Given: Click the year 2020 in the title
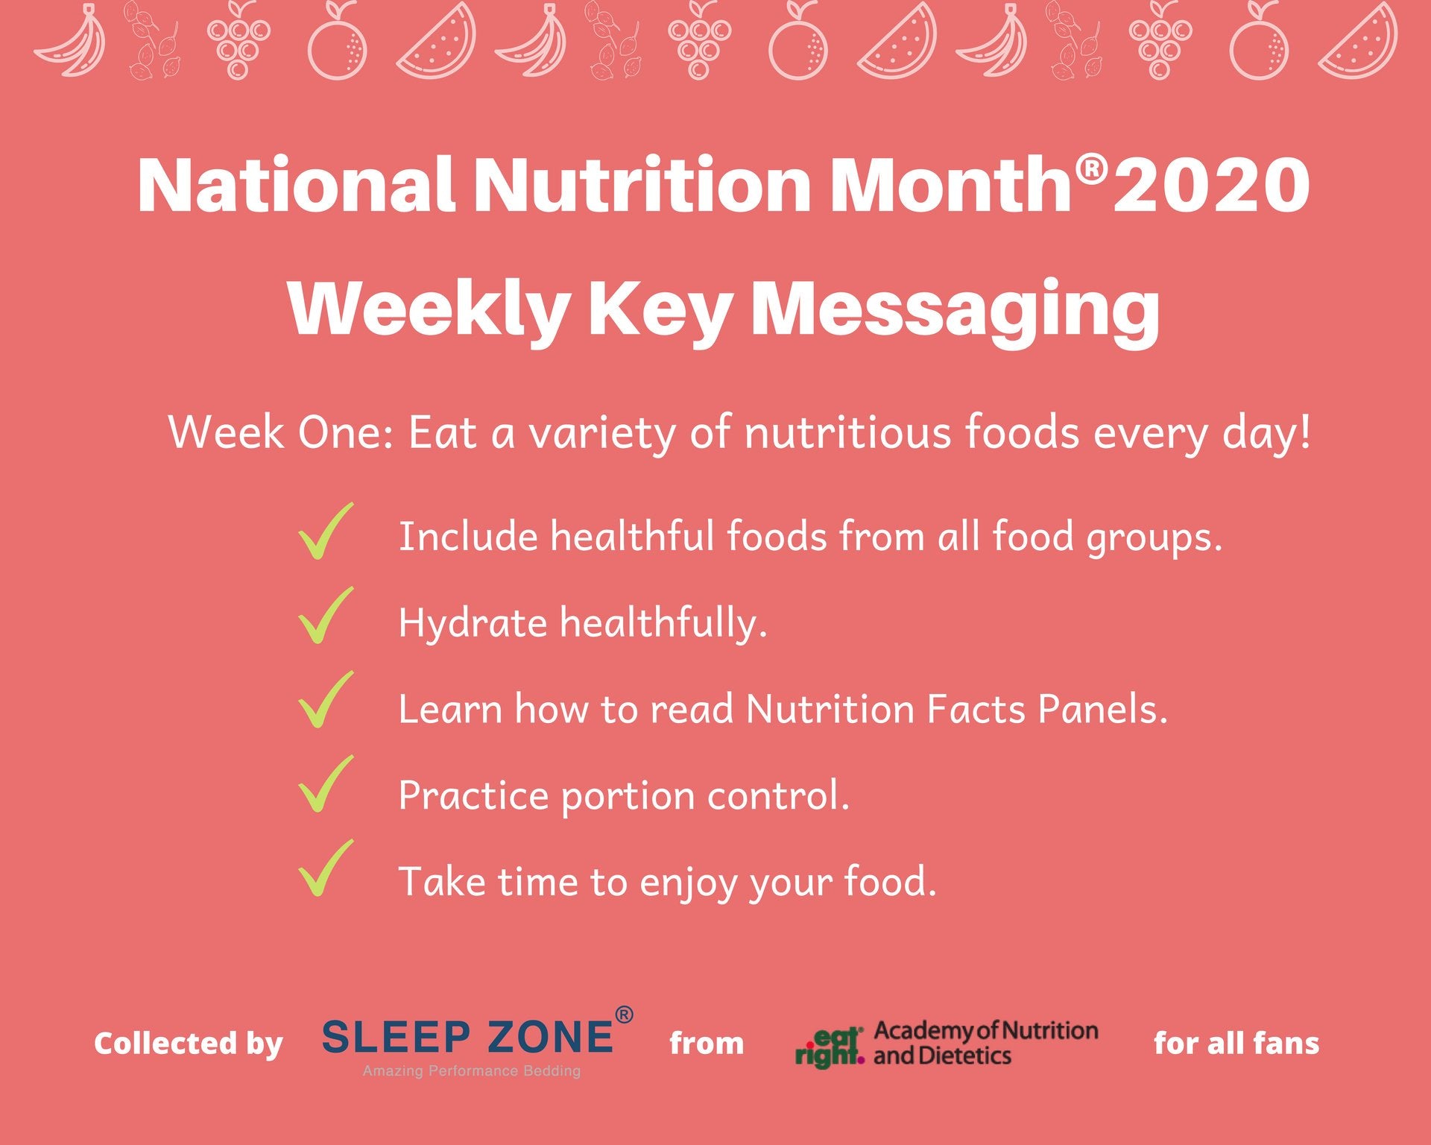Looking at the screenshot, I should tap(1211, 185).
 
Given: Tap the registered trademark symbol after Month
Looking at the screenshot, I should tap(1092, 170).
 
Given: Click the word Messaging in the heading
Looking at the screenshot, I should tap(955, 310).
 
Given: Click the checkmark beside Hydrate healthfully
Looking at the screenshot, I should tap(325, 616).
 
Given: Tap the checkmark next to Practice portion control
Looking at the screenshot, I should tap(325, 784).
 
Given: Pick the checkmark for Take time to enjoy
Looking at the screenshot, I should tap(325, 868).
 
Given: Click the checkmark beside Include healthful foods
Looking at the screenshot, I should tap(325, 532).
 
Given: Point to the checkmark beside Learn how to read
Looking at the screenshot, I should tap(325, 700).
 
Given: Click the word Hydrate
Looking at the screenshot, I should tap(473, 623).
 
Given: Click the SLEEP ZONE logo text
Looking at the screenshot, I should tap(468, 1037).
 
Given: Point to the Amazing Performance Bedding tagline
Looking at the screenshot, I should tap(471, 1071).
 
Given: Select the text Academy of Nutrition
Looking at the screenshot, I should tap(985, 1031).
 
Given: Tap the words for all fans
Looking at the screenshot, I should tap(1236, 1043).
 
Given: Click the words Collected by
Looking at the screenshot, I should tap(188, 1044).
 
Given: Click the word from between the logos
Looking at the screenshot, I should tap(706, 1044).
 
